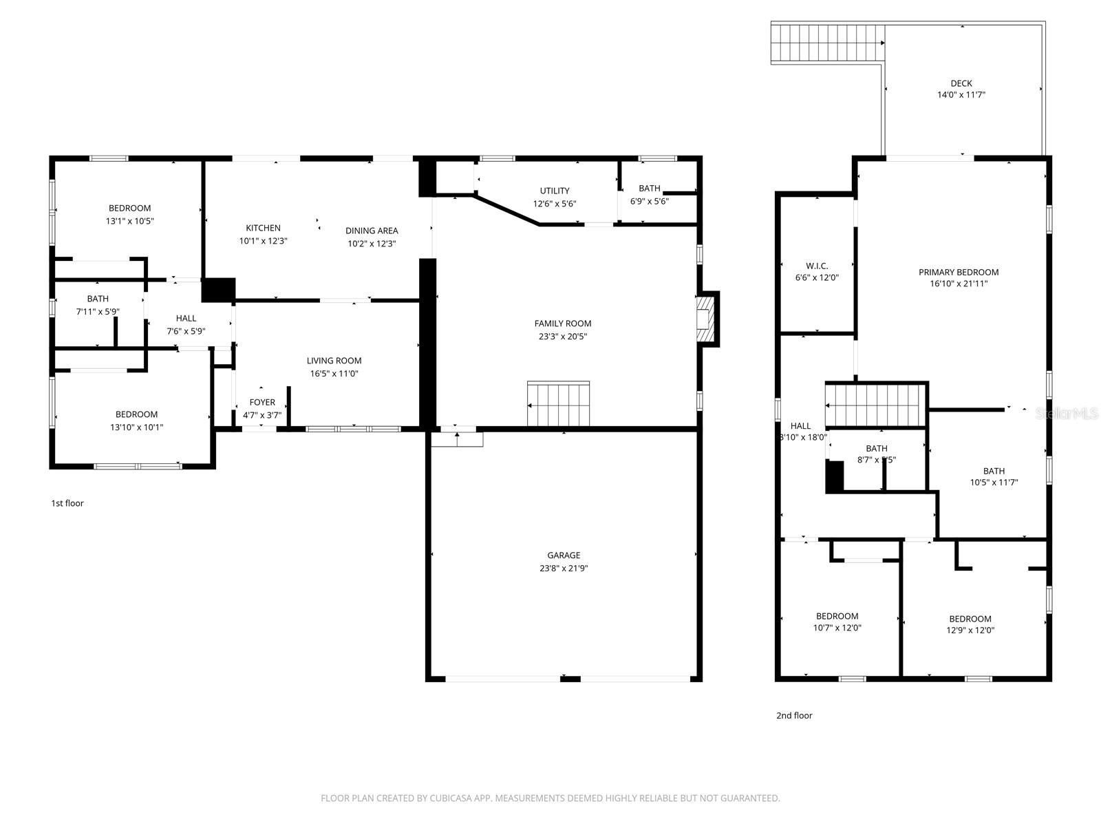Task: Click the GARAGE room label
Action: pos(564,555)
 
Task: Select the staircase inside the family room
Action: pos(558,404)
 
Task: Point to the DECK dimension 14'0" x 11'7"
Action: pos(961,96)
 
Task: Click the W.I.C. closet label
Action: pos(817,266)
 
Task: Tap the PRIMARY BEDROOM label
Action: pos(958,272)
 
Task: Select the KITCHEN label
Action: pos(263,228)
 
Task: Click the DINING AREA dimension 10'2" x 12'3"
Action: pos(372,243)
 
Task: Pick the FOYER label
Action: pos(262,403)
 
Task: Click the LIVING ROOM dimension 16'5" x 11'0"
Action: pos(334,374)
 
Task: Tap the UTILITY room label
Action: pos(554,191)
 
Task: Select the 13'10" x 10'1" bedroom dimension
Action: pos(136,427)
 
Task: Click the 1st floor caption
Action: pos(67,503)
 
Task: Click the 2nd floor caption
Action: pos(794,716)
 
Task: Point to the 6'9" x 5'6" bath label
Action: pos(649,189)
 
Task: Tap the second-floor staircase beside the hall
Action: pos(875,405)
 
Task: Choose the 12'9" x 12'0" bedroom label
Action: pos(970,619)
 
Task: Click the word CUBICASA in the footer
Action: pos(451,798)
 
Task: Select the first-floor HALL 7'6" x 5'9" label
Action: pos(186,319)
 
